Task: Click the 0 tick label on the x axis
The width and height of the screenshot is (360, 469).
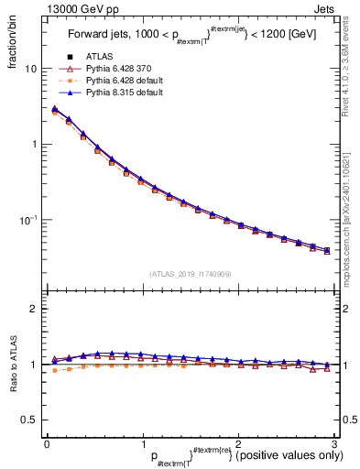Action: [47, 444]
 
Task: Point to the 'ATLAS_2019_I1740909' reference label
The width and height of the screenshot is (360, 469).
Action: [190, 274]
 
